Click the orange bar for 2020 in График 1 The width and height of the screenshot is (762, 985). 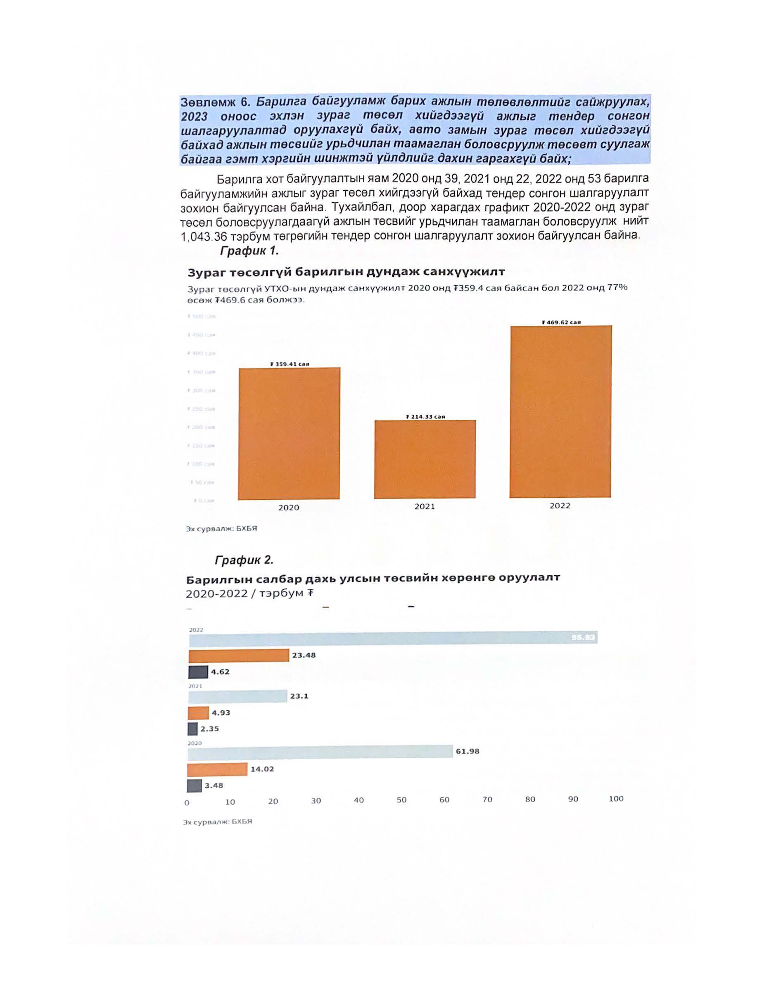[289, 433]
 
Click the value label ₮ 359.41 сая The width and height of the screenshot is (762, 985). [290, 364]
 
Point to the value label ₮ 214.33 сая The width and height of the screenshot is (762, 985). [425, 417]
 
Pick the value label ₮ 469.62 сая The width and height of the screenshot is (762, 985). [561, 322]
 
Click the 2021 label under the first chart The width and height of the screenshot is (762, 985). [424, 506]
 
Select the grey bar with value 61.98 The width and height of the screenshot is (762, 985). [320, 751]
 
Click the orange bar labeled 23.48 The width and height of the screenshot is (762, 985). [239, 655]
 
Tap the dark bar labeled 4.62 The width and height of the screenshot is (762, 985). [198, 672]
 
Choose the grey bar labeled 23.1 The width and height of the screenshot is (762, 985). [237, 696]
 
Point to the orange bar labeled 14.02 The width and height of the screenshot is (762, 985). [218, 769]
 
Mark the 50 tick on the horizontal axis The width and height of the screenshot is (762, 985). [401, 800]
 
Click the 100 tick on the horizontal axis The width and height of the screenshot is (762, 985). [616, 799]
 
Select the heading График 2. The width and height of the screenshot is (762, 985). [244, 560]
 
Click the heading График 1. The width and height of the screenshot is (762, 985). [249, 251]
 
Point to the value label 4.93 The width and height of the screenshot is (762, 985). [221, 713]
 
